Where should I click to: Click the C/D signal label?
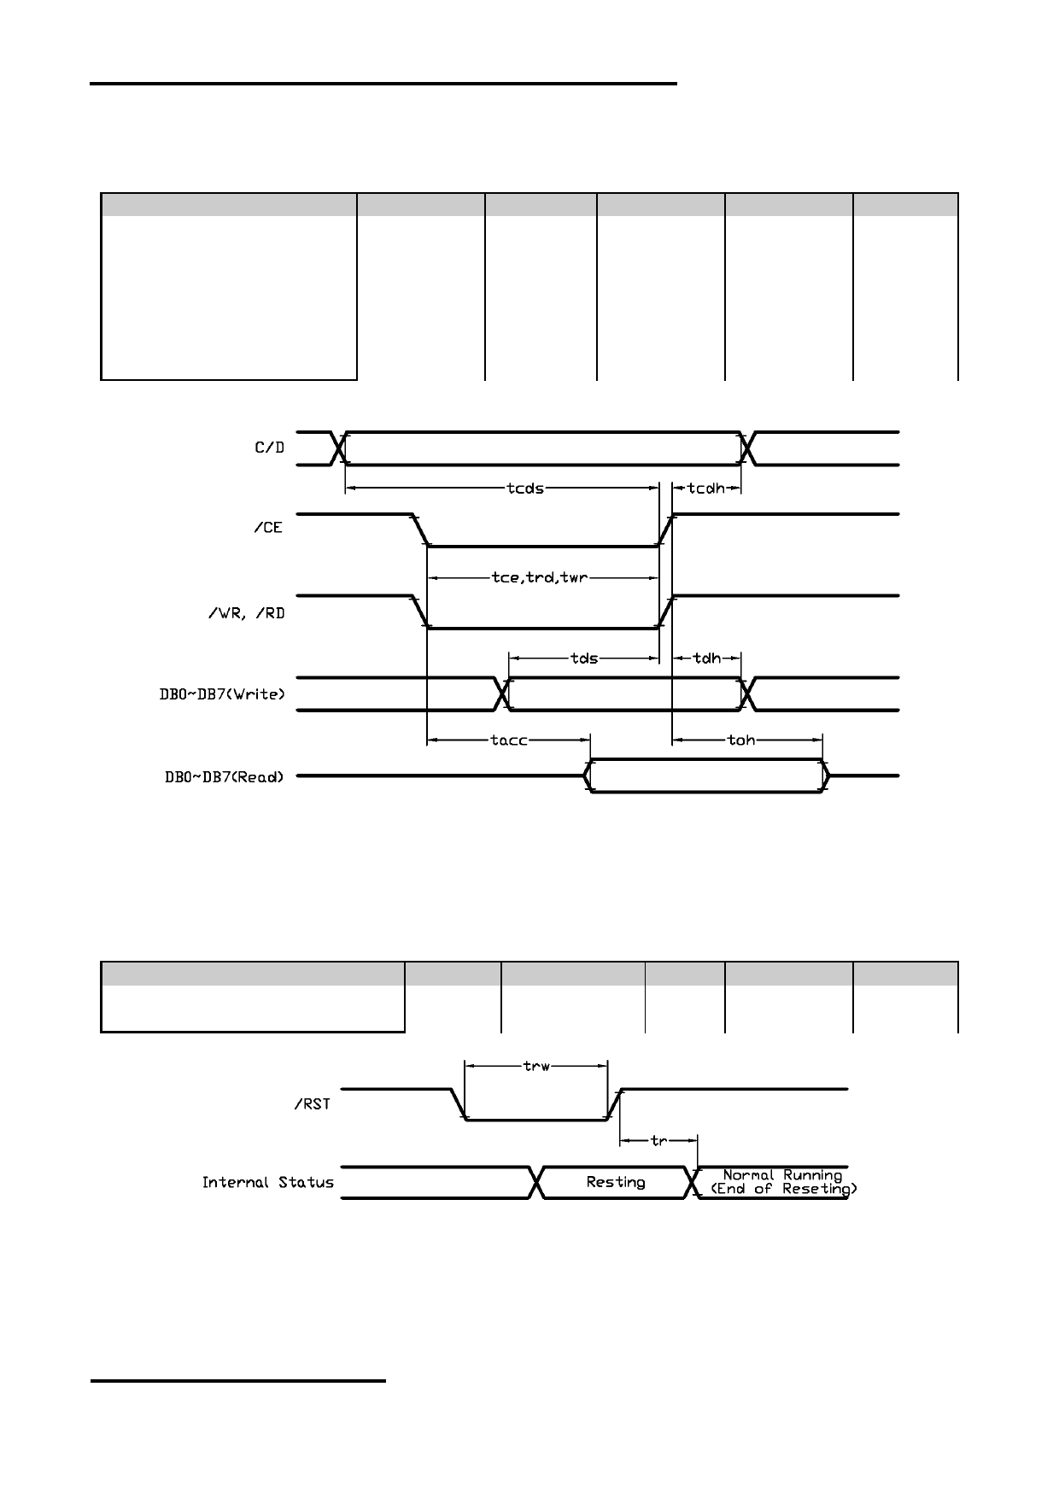click(269, 447)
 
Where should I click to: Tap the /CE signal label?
click(267, 528)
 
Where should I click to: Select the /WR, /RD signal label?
click(246, 612)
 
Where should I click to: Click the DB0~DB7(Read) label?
click(224, 776)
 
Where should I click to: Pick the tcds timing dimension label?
click(525, 489)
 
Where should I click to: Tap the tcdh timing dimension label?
click(706, 489)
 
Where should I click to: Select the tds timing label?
click(583, 658)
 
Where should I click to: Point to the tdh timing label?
click(706, 658)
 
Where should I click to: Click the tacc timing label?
click(509, 740)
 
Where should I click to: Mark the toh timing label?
click(741, 740)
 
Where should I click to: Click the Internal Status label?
click(268, 1183)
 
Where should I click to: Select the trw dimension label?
click(536, 1066)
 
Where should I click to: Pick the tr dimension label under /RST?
click(658, 1140)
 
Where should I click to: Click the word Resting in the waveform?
click(616, 1182)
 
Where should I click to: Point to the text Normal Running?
click(782, 1175)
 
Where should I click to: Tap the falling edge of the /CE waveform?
click(420, 530)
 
